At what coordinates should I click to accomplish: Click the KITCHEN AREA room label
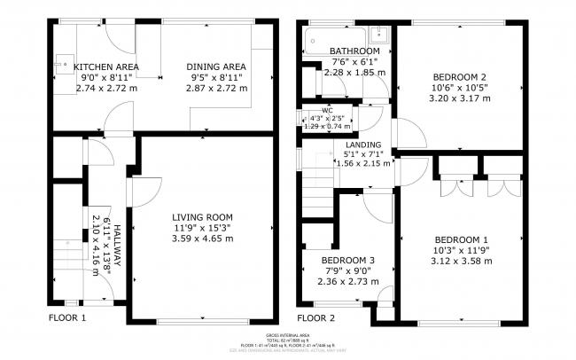click(105, 67)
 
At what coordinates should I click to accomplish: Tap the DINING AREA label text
click(215, 67)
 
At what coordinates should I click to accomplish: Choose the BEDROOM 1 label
click(461, 239)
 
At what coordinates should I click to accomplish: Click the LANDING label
click(363, 144)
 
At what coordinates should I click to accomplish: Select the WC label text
click(315, 110)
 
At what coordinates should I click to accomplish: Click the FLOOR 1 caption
click(67, 317)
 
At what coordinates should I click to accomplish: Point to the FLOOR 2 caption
click(316, 317)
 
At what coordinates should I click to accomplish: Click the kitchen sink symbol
click(63, 65)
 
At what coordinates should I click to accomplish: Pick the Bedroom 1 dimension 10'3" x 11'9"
click(461, 250)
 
